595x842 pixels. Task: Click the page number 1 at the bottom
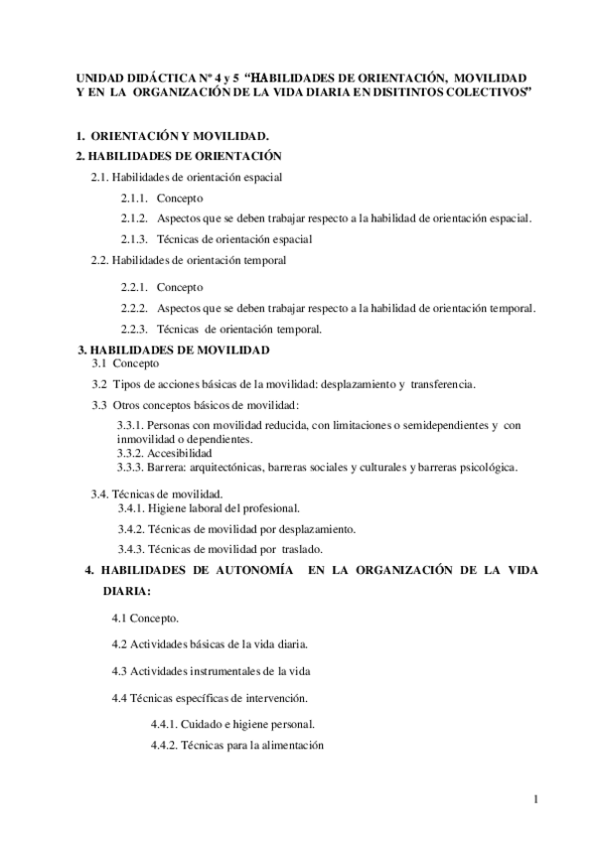534,799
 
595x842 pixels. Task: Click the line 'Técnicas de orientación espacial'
235,239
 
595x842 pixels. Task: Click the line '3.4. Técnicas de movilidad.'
157,493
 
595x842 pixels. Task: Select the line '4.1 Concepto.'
146,618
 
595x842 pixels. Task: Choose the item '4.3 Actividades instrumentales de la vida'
214,671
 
